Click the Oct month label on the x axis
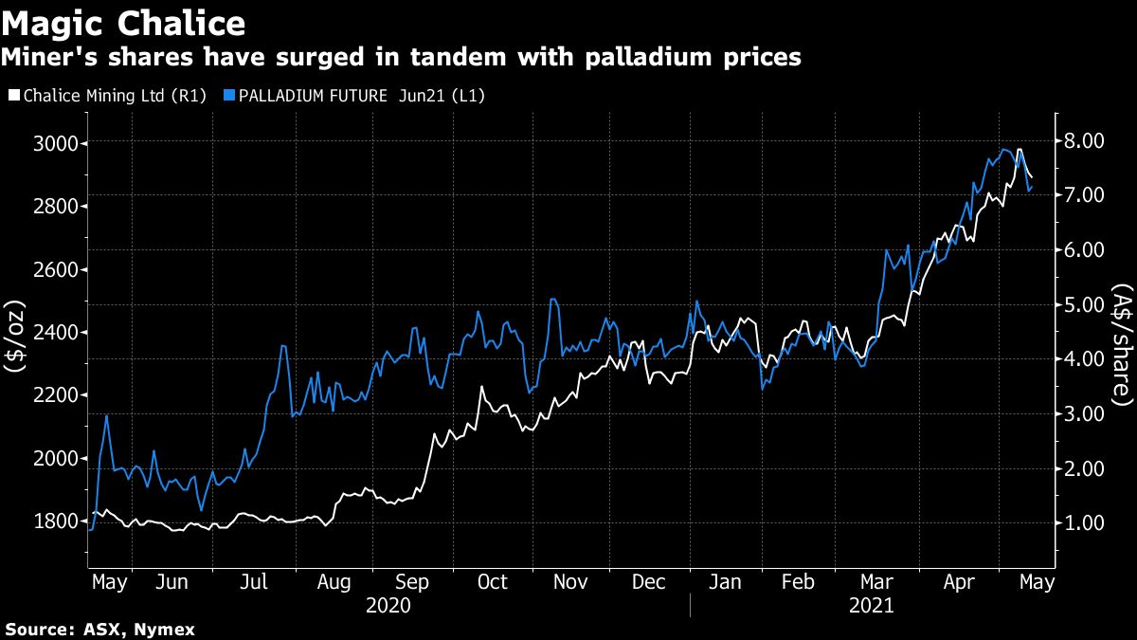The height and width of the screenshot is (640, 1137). coord(493,582)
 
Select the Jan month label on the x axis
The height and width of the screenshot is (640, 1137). coord(727,582)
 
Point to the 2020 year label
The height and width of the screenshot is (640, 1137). coord(388,606)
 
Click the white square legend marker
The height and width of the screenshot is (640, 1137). coord(13,96)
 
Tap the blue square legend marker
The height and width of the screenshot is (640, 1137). coord(228,96)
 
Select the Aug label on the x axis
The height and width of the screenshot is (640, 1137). coord(333,582)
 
